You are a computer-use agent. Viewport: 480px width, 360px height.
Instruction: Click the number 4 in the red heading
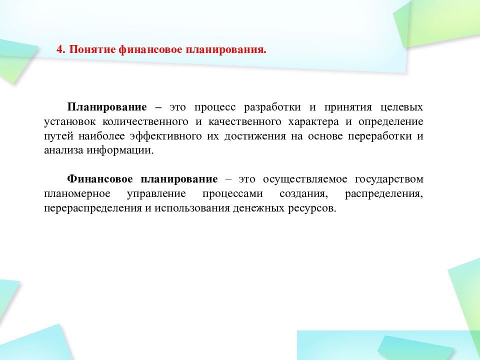pos(58,50)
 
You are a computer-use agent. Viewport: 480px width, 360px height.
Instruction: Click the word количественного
pos(145,121)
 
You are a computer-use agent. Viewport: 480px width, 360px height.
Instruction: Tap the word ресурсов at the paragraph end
pos(311,208)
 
